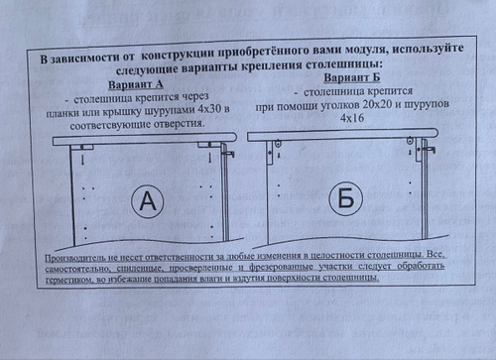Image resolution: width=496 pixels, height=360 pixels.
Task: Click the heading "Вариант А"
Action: (x=136, y=84)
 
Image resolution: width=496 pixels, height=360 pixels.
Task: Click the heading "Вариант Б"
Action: (x=351, y=77)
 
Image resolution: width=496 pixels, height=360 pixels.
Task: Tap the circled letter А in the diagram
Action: (x=148, y=201)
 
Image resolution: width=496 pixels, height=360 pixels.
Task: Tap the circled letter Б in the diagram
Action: (x=346, y=198)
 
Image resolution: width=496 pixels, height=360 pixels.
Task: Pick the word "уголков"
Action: (x=340, y=106)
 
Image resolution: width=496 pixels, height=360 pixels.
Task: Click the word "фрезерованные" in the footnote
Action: (x=282, y=267)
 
